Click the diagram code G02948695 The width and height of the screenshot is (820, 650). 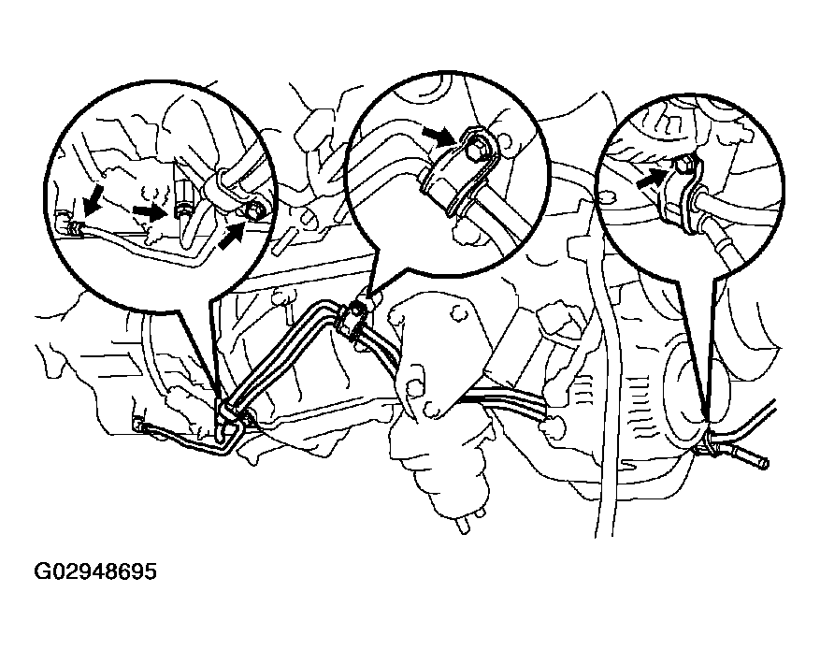click(x=94, y=571)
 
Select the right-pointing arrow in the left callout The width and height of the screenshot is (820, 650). click(x=150, y=210)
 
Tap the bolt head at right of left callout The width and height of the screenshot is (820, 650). click(x=254, y=211)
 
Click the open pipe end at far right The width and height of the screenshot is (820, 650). click(x=765, y=462)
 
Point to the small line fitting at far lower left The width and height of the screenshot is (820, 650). click(x=138, y=425)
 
